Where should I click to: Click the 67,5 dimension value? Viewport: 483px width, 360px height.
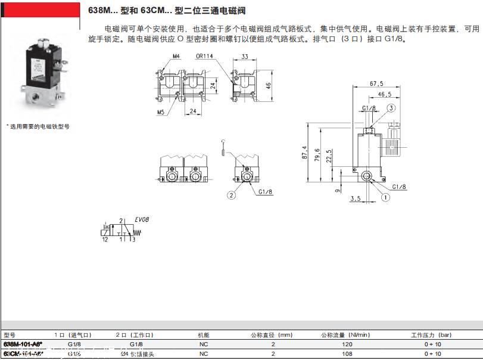(376, 83)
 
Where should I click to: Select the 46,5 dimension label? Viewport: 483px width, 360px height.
(384, 94)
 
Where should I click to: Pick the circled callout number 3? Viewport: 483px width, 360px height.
(391, 108)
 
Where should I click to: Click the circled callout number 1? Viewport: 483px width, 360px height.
(385, 197)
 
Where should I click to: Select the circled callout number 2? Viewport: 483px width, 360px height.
(231, 194)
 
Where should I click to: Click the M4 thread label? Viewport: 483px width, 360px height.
(176, 57)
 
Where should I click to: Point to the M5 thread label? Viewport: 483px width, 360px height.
(161, 111)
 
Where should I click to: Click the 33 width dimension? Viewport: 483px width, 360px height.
(245, 57)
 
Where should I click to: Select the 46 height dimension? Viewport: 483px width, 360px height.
(269, 85)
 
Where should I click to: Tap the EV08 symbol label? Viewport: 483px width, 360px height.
(141, 219)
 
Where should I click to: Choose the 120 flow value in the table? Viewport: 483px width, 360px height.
(348, 345)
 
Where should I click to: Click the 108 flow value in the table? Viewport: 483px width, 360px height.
(348, 353)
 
